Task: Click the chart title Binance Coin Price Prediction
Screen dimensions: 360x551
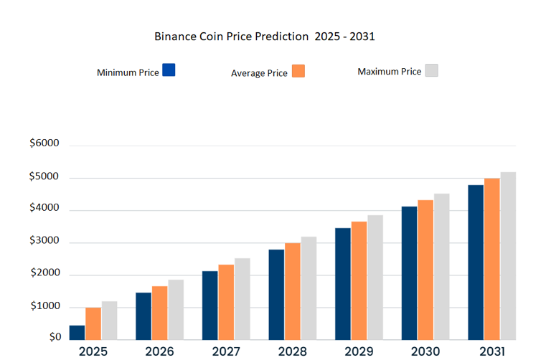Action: [265, 36]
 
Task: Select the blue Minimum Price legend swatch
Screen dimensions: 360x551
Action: [169, 70]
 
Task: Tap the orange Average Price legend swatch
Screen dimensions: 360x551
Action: [298, 71]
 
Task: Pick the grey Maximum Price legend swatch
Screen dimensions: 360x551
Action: [432, 70]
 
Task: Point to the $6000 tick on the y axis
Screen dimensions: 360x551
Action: [44, 143]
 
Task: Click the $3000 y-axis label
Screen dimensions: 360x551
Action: [44, 242]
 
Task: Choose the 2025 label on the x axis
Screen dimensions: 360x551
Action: [93, 351]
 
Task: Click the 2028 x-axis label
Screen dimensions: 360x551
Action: [292, 351]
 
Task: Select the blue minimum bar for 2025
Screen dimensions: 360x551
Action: [77, 332]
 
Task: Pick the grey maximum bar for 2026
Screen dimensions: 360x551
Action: [176, 309]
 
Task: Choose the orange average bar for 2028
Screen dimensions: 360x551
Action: [292, 290]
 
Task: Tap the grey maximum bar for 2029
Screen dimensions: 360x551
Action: [375, 277]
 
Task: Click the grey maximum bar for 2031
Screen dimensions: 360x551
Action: [508, 255]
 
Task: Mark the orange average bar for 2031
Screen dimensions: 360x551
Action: [491, 258]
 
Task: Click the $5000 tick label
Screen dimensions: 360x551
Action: [44, 177]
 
